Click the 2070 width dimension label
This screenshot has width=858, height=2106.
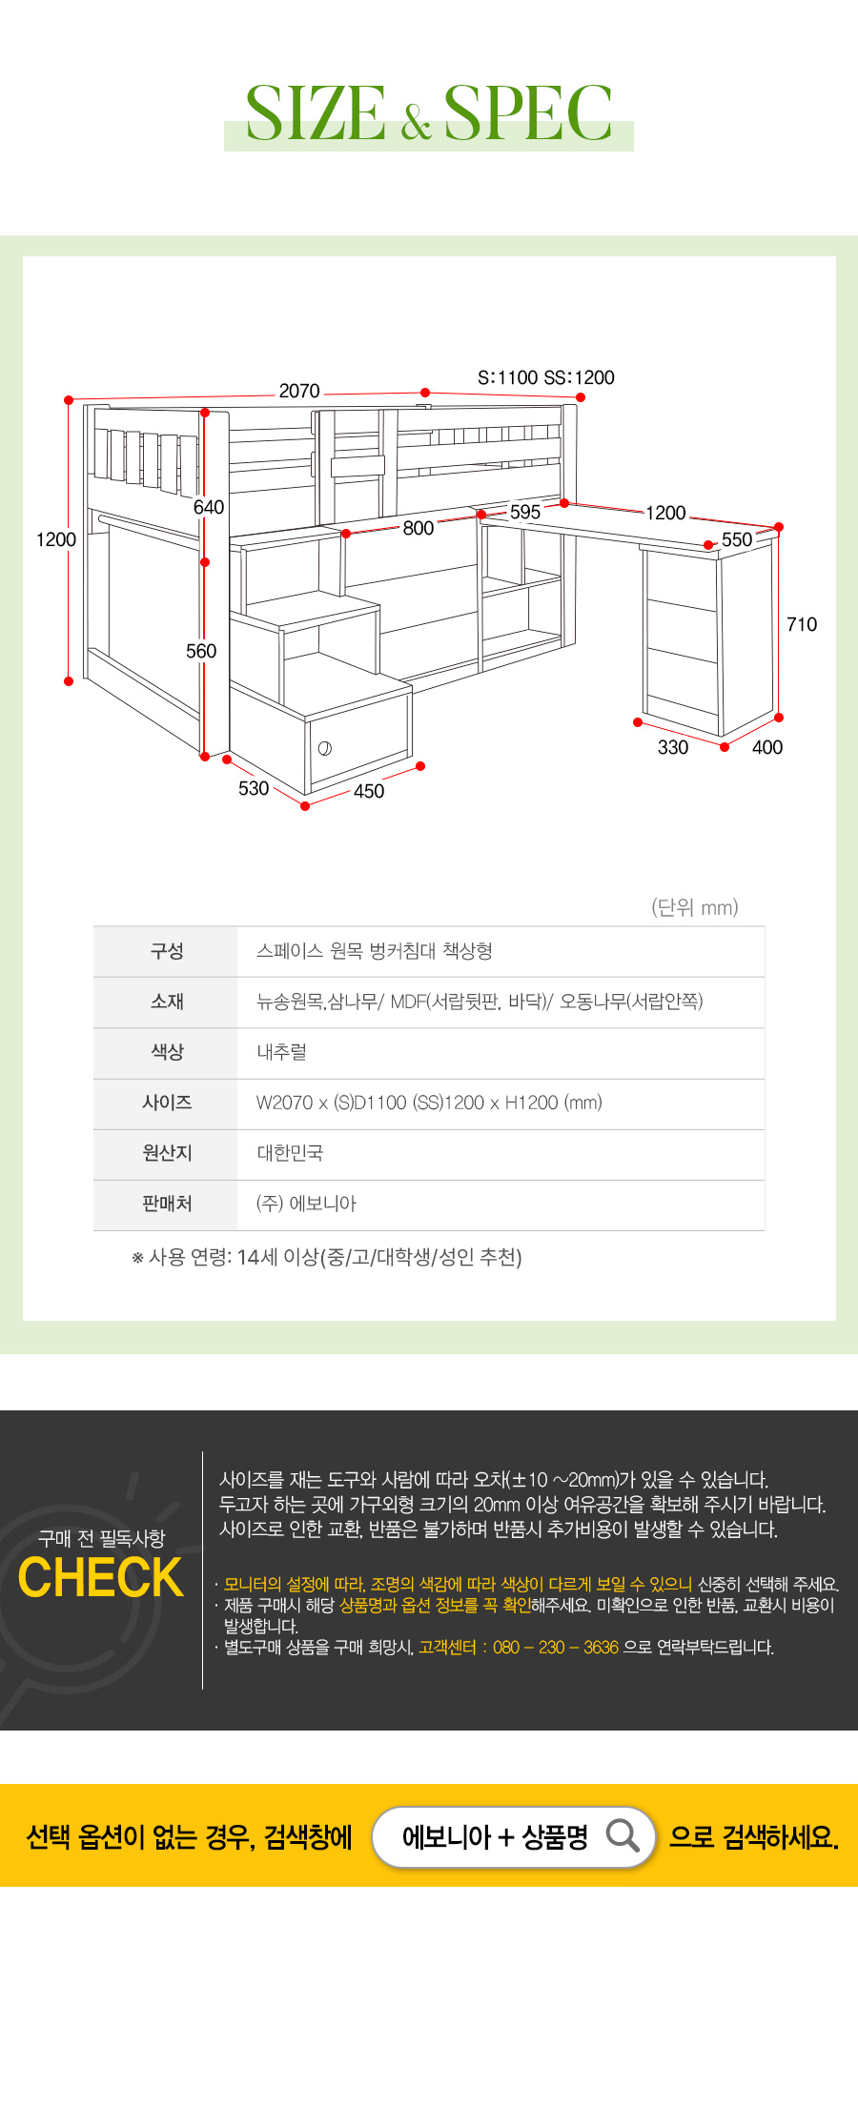tap(299, 391)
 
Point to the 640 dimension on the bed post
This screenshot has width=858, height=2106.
tap(209, 507)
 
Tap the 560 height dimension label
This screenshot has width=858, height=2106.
tap(201, 651)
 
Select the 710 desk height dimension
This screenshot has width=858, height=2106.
tap(802, 624)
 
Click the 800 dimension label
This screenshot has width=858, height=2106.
tap(419, 528)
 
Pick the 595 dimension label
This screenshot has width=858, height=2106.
tap(525, 512)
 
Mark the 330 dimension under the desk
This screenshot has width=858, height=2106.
tap(673, 747)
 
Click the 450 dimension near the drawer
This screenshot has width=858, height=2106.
tap(369, 791)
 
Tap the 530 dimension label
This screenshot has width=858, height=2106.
tap(254, 788)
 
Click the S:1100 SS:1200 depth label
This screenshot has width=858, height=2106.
tap(546, 377)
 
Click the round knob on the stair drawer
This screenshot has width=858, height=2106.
tap(325, 748)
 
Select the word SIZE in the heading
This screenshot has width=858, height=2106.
tap(317, 113)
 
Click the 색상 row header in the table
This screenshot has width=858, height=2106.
tap(167, 1052)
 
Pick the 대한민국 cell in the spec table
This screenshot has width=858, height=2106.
tap(290, 1153)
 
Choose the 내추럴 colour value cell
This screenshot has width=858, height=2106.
tap(281, 1052)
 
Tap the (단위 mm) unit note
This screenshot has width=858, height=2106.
tap(695, 907)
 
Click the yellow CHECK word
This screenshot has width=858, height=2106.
tap(101, 1578)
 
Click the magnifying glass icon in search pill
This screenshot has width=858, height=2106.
tap(623, 1834)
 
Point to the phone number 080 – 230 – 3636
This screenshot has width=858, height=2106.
tap(556, 1648)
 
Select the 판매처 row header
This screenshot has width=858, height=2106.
tap(167, 1204)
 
